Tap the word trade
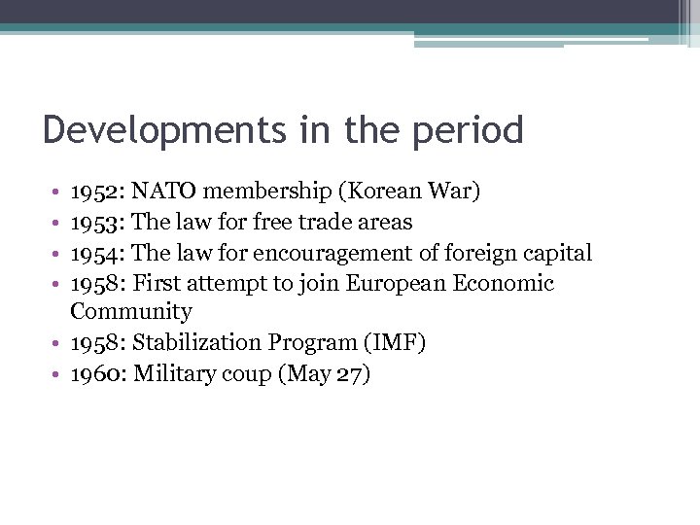[x=329, y=222]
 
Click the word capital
[x=557, y=254]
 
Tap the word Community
[x=131, y=312]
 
